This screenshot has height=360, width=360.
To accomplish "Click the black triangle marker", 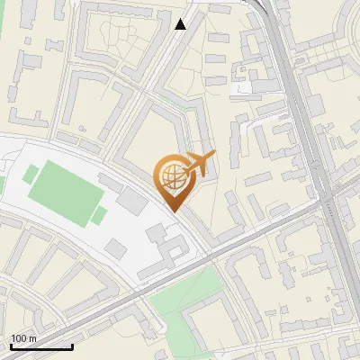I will pos(181,24).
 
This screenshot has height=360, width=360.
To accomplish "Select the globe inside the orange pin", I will pos(173,178).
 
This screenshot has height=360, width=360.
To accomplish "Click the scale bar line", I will pos(41,346).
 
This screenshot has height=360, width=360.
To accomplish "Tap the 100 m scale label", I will pos(24,338).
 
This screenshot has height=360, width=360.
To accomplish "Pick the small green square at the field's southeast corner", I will pos(99,215).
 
